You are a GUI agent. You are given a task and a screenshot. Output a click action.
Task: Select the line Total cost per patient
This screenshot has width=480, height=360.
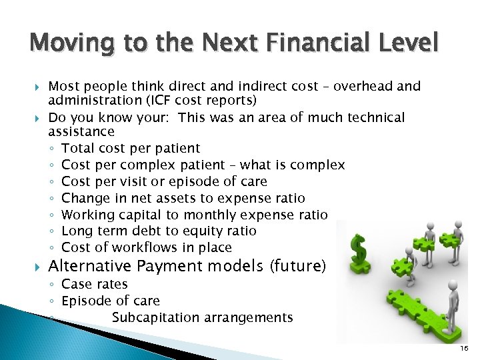pyautogui.click(x=131, y=148)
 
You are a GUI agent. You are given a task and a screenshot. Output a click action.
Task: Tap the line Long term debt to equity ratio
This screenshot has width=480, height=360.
pyautogui.click(x=159, y=231)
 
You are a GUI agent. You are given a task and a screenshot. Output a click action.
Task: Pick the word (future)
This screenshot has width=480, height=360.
pyautogui.click(x=297, y=267)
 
